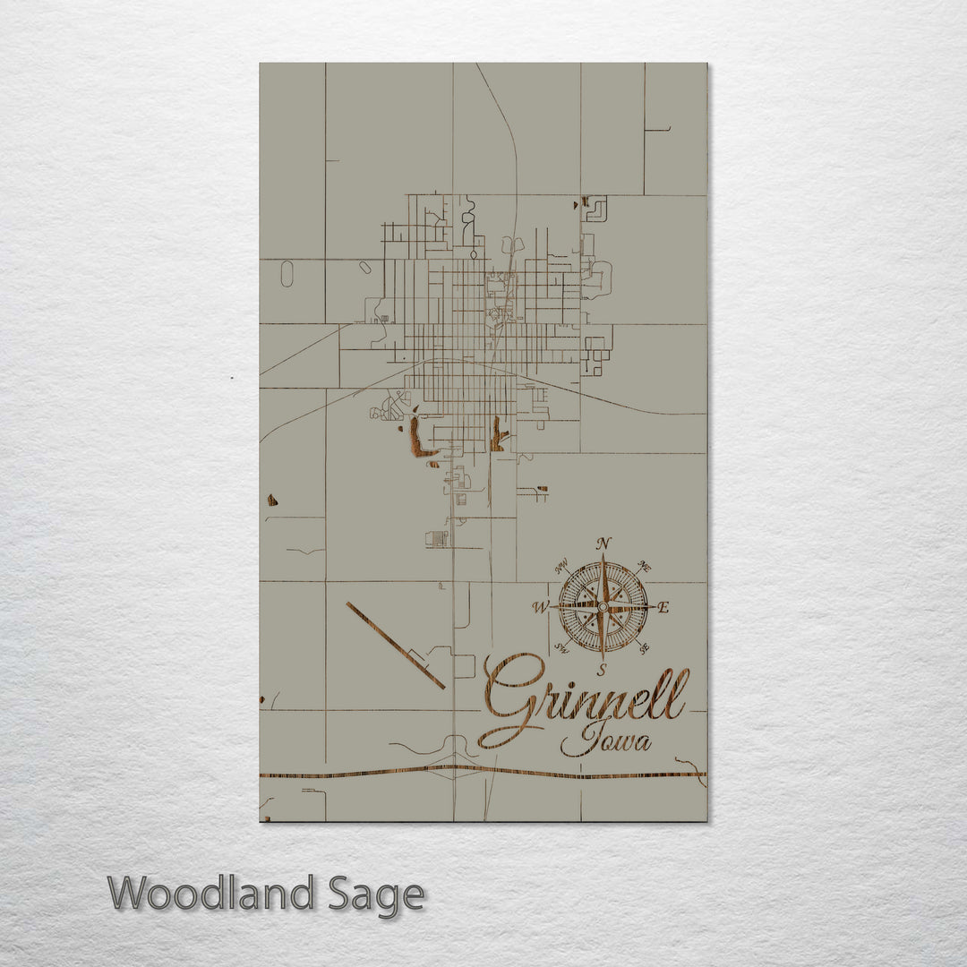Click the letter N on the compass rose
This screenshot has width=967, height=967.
(x=603, y=543)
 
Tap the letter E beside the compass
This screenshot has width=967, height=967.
(x=663, y=608)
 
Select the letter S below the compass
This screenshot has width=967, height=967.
(x=603, y=669)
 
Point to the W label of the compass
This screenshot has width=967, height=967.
(x=541, y=607)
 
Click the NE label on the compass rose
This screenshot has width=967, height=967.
(x=644, y=566)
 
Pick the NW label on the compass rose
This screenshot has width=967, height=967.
(x=562, y=566)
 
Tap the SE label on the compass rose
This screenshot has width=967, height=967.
(x=645, y=648)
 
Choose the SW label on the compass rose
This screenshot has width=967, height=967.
(x=562, y=648)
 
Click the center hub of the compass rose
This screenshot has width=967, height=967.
(x=603, y=606)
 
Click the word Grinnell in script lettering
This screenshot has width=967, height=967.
(x=586, y=698)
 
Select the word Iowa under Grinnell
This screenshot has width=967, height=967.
(x=606, y=740)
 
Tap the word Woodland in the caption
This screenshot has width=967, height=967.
(x=211, y=894)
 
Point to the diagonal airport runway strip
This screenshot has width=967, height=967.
(x=395, y=645)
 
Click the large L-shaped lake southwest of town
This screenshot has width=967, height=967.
(x=418, y=439)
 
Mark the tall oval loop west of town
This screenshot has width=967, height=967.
(x=287, y=273)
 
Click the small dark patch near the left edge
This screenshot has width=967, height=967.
(x=272, y=500)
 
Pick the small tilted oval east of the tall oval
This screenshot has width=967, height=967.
(x=364, y=267)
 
